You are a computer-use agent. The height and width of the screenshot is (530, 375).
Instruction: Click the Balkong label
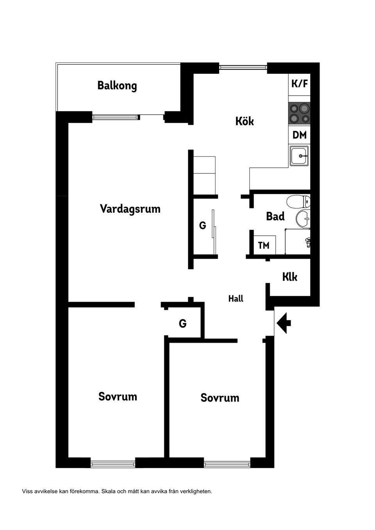pyautogui.click(x=117, y=85)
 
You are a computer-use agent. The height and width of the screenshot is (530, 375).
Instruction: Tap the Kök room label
pyautogui.click(x=245, y=121)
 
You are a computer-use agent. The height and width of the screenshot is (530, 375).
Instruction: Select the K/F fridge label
pyautogui.click(x=300, y=84)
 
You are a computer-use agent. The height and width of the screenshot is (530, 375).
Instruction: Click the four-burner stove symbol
pyautogui.click(x=300, y=113)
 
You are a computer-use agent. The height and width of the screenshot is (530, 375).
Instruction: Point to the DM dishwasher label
pyautogui.click(x=300, y=135)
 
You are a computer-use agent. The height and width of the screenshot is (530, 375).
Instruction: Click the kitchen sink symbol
pyautogui.click(x=299, y=156)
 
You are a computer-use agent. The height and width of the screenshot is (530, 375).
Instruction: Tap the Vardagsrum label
pyautogui.click(x=130, y=209)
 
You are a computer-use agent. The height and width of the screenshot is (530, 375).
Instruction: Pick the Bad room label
pyautogui.click(x=275, y=216)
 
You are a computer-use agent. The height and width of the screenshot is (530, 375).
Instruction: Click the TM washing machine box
pyautogui.click(x=264, y=245)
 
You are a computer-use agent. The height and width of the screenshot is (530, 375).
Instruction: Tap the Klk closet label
pyautogui.click(x=290, y=277)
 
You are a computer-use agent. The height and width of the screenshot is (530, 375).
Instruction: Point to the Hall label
pyautogui.click(x=236, y=299)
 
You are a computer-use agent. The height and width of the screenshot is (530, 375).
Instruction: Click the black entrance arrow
pyautogui.click(x=284, y=323)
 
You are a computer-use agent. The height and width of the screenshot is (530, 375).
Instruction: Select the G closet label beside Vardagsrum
pyautogui.click(x=202, y=226)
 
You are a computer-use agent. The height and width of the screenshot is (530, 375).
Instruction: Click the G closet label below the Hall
pyautogui.click(x=182, y=324)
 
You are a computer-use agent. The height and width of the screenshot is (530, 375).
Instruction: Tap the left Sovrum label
pyautogui.click(x=118, y=397)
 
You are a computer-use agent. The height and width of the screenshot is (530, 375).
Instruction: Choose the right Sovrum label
pyautogui.click(x=220, y=398)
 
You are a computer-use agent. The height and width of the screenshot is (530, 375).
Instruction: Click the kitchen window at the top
pyautogui.click(x=243, y=67)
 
